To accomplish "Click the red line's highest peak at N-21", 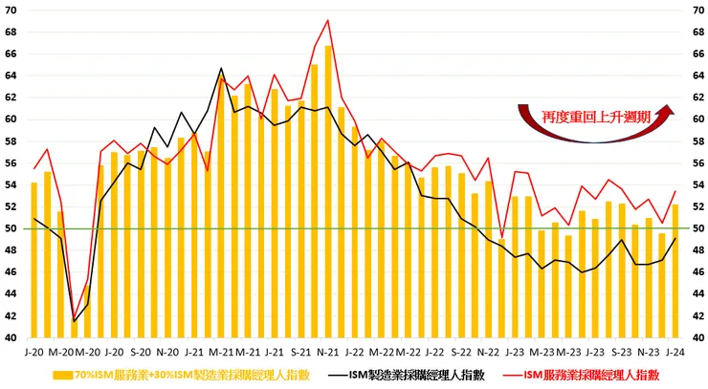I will [328, 20].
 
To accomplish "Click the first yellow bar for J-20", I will [34, 259].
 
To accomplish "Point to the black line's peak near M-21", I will [221, 68].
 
